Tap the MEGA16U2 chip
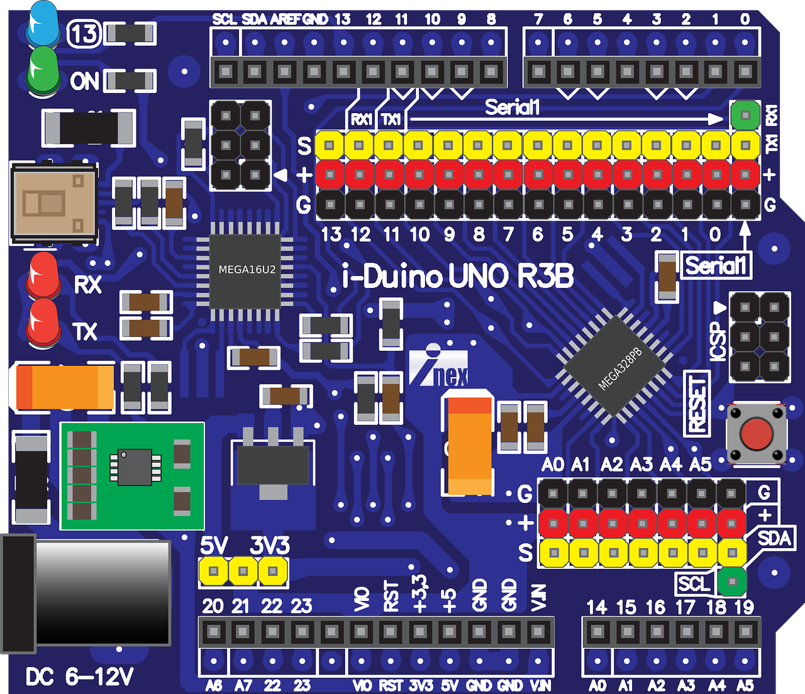click(x=247, y=270)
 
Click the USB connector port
click(x=54, y=202)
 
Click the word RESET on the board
click(x=697, y=403)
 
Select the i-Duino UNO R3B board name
click(x=458, y=277)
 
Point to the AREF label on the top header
click(x=285, y=19)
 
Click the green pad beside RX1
click(x=745, y=115)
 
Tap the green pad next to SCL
click(x=731, y=581)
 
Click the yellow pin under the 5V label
click(x=214, y=571)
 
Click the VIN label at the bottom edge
click(x=540, y=685)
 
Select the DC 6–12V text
click(x=80, y=677)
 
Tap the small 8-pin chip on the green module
click(x=135, y=467)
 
